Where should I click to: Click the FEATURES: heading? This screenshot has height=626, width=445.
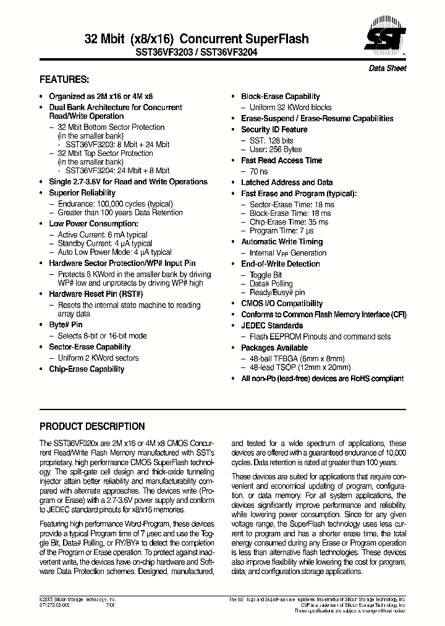(x=64, y=80)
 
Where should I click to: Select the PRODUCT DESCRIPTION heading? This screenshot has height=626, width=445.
(x=92, y=427)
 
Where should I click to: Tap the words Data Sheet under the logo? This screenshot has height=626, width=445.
(x=388, y=69)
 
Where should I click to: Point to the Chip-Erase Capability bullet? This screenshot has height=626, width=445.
(x=87, y=369)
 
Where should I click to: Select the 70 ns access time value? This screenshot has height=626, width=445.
(x=258, y=171)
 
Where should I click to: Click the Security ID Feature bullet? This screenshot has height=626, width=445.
(x=274, y=130)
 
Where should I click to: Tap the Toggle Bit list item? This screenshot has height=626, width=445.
(x=266, y=275)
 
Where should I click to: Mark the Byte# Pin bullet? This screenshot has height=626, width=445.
(x=66, y=325)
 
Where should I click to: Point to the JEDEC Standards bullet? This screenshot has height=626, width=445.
(x=272, y=326)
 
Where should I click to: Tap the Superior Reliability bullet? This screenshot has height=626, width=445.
(x=82, y=193)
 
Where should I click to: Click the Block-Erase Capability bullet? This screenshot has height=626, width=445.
(x=280, y=96)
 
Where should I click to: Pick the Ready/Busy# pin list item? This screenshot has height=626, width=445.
(x=277, y=293)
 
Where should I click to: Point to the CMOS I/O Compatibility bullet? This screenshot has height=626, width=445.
(x=282, y=304)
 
